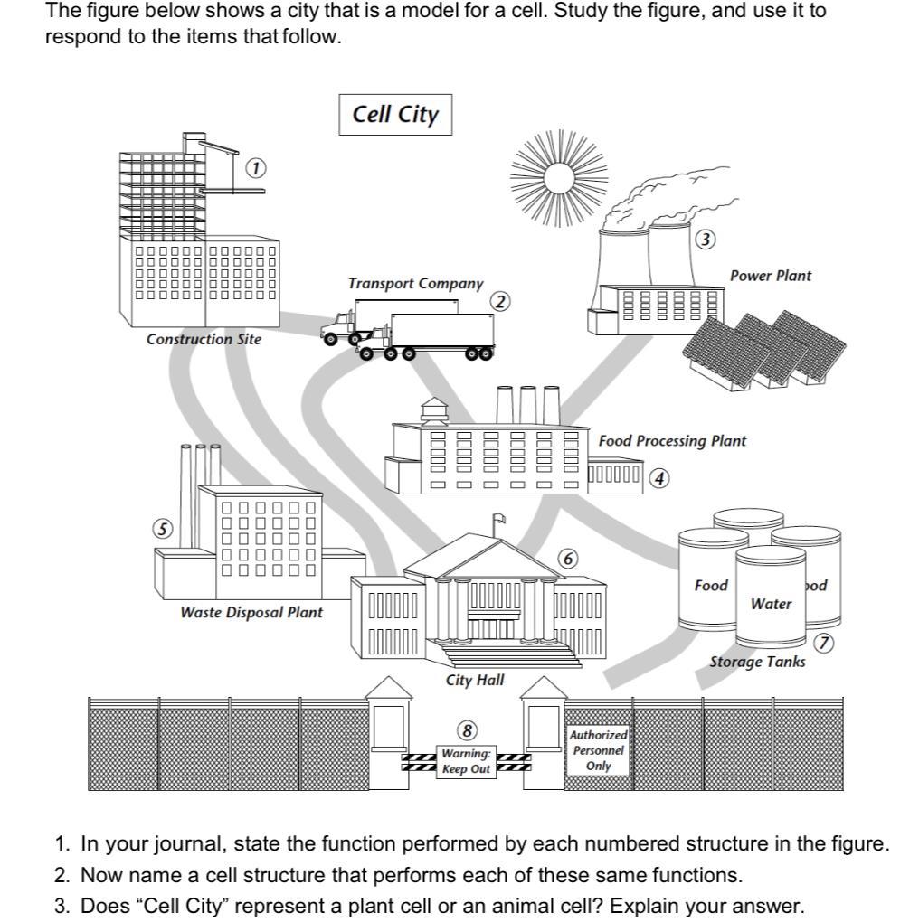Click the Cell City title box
click(x=395, y=115)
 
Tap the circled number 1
click(x=257, y=169)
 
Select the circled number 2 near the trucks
click(x=500, y=301)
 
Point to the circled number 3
click(x=706, y=240)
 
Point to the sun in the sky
click(x=554, y=175)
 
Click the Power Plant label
click(x=771, y=276)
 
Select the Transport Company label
click(x=415, y=283)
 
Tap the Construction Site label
click(x=204, y=340)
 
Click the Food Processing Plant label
click(x=672, y=441)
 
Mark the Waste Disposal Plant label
click(x=251, y=613)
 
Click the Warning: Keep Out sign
click(x=467, y=761)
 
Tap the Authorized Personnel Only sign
click(x=598, y=750)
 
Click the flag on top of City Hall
click(x=498, y=519)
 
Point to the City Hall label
click(x=475, y=680)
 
